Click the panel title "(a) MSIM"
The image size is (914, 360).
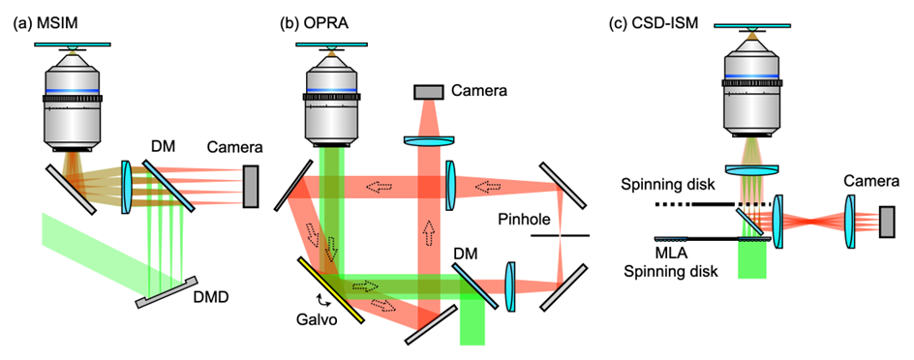39,24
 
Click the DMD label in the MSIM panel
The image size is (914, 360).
212,298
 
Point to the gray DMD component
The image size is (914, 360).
170,292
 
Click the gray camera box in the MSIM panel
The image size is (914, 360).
250,186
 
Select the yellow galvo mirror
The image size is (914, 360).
331,289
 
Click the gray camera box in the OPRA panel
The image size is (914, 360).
428,92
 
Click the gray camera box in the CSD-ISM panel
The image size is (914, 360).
887,222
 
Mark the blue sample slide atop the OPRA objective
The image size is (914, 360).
332,44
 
